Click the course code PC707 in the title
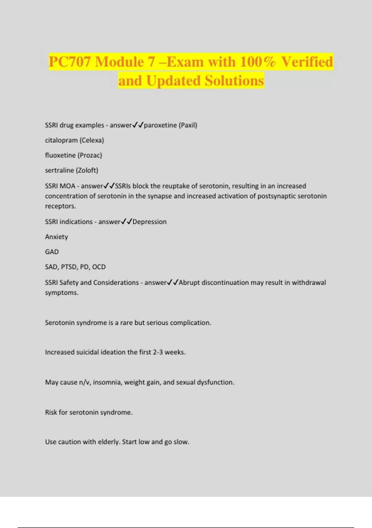pos(70,62)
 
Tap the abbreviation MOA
pos(67,186)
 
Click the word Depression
pos(149,222)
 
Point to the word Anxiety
pos(56,237)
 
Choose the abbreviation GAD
pos(52,252)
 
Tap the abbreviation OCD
pos(99,267)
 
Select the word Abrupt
pos(189,283)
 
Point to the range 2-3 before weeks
pos(158,352)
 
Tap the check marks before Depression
pos(126,222)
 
